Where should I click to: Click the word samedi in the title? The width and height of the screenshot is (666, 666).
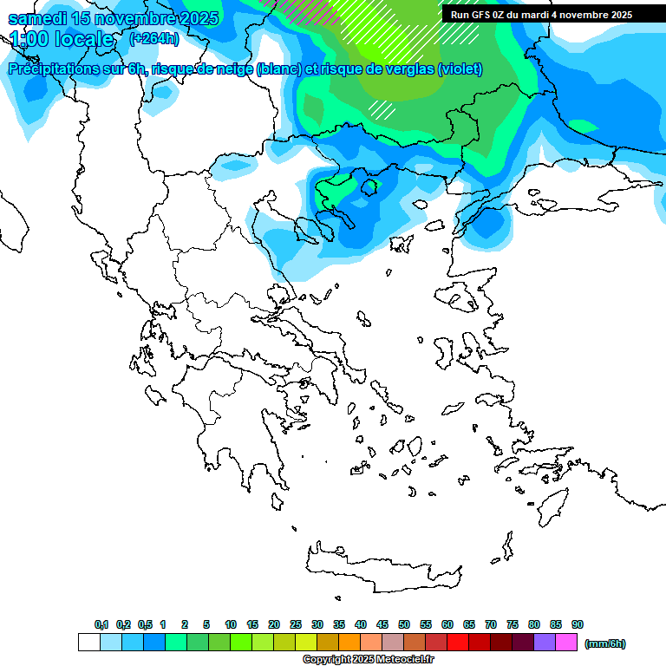[x=38, y=18]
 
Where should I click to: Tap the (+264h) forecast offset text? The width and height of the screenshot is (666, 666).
[x=153, y=38]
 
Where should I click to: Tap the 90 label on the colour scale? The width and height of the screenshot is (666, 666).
[x=578, y=624]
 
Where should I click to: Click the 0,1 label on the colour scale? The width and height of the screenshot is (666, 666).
[x=101, y=624]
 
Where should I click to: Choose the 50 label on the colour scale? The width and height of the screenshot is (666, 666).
[x=404, y=624]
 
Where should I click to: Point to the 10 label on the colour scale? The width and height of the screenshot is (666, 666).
[x=231, y=624]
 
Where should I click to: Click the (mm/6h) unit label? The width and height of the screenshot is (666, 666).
[x=604, y=643]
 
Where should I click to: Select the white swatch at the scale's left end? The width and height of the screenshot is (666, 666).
[x=88, y=643]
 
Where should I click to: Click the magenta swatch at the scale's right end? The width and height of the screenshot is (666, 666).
[x=566, y=643]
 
